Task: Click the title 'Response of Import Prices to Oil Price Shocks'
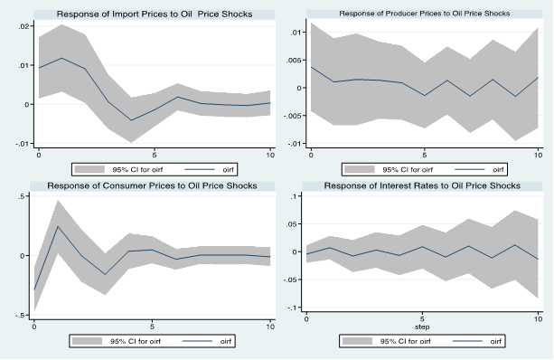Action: [155, 14]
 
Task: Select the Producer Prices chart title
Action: [425, 14]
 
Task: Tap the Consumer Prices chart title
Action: [152, 185]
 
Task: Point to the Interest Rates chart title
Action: [422, 185]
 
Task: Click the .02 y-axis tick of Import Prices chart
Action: [24, 26]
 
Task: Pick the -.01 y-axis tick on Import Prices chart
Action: [23, 144]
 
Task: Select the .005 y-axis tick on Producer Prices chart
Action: [294, 61]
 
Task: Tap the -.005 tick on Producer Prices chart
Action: [293, 116]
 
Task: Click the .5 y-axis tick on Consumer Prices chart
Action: [22, 196]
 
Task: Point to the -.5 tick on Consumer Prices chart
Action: [20, 316]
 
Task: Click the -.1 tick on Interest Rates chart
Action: [293, 308]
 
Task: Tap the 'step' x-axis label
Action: [422, 327]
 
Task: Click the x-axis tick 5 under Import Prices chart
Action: [155, 155]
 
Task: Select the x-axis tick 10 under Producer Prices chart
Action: [538, 155]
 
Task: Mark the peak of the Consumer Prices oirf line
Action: [58, 226]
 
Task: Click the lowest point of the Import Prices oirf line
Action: [131, 120]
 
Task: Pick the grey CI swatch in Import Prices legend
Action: [89, 169]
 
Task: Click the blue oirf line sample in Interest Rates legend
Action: [467, 341]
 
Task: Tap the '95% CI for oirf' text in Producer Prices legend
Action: [408, 170]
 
